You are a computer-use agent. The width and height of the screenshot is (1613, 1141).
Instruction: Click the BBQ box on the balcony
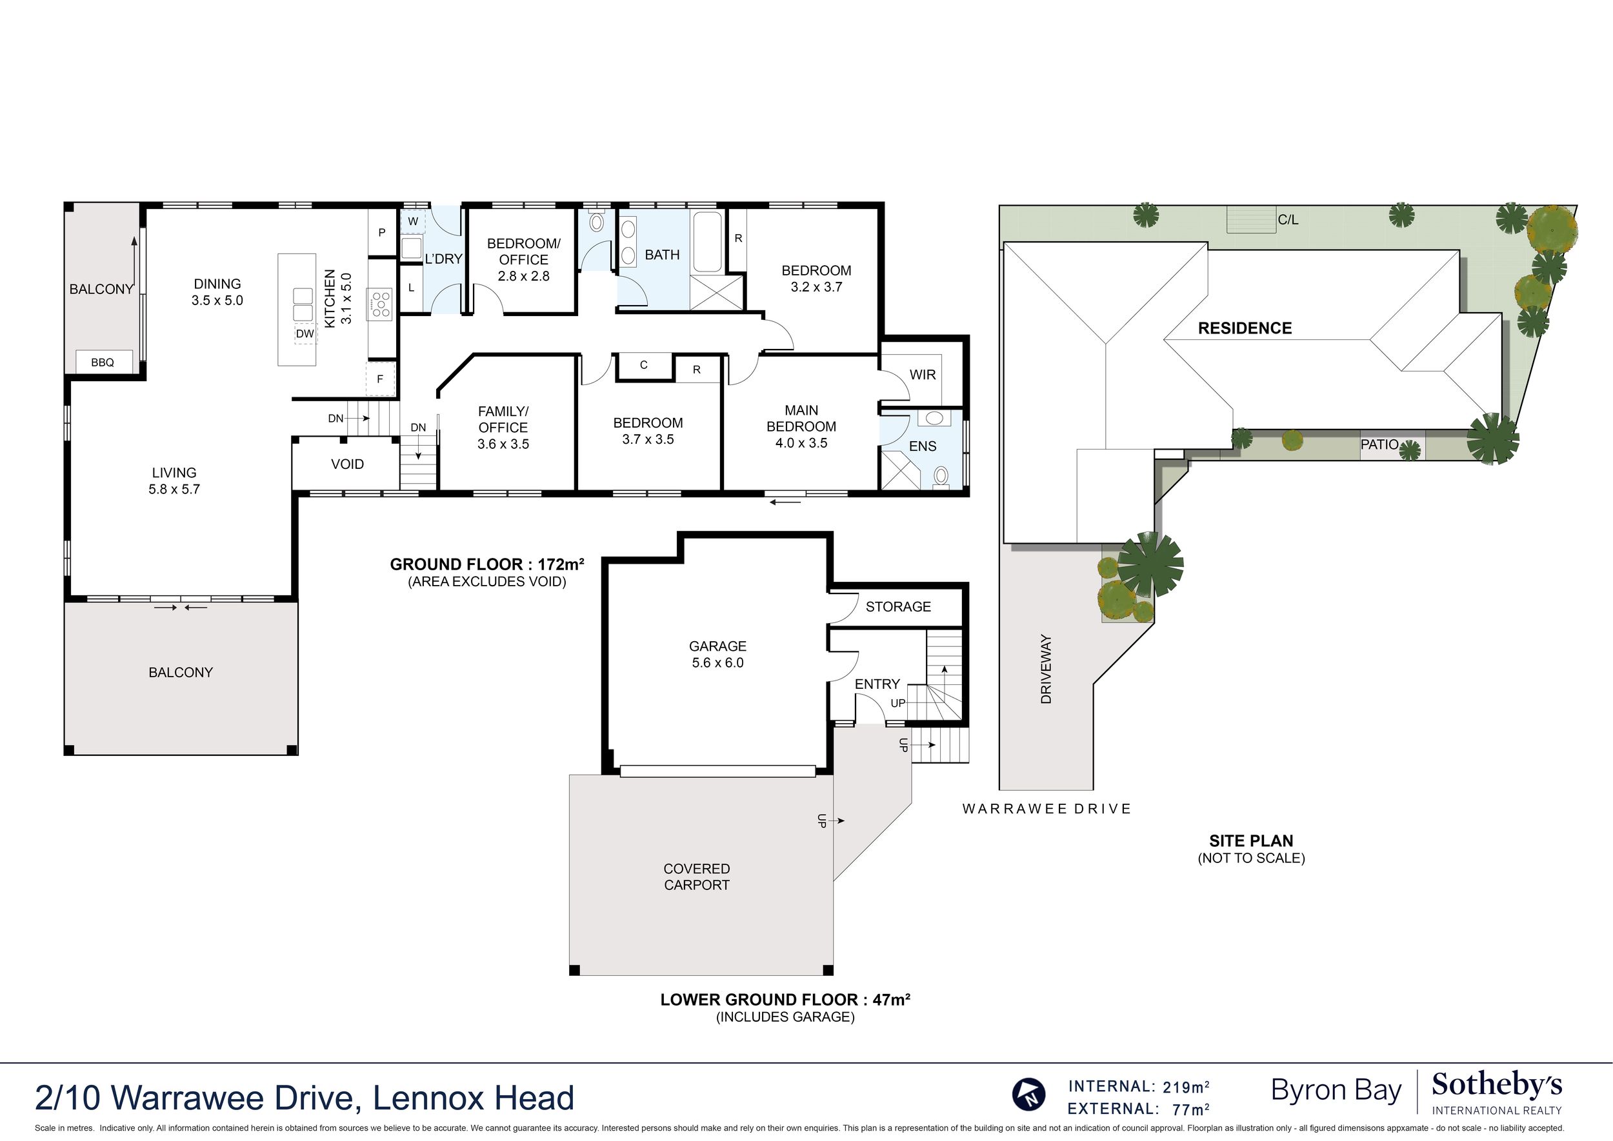(103, 362)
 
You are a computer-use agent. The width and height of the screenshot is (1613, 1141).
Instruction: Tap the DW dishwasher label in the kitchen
(305, 333)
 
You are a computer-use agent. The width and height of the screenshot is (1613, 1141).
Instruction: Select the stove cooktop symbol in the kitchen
(380, 306)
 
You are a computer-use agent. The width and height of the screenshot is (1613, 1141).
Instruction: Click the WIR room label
(922, 375)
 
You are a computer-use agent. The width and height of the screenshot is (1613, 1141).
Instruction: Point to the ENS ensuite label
(922, 446)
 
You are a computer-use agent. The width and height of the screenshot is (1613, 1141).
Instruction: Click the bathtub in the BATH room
(707, 243)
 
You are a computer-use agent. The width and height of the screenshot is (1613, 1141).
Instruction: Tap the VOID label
(347, 464)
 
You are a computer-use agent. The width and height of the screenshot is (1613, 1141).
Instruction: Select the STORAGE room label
(897, 606)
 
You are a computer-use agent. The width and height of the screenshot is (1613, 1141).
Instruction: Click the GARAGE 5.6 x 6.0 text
(717, 654)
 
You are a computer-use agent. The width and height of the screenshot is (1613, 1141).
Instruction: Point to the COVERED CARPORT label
(697, 877)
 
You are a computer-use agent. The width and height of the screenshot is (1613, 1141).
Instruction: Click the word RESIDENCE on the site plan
(1244, 328)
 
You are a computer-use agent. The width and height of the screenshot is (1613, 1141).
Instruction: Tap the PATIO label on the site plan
(1379, 445)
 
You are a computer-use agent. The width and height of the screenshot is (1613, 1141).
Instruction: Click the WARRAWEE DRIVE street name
(1047, 809)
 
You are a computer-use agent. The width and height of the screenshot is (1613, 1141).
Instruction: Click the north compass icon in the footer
(1028, 1093)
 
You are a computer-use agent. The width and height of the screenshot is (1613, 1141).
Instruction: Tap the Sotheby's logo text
(1496, 1086)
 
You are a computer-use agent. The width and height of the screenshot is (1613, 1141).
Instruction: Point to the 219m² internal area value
(1186, 1087)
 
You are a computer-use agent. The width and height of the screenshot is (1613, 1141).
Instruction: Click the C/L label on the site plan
(1288, 220)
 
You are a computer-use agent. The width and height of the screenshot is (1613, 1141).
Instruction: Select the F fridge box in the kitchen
(380, 379)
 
